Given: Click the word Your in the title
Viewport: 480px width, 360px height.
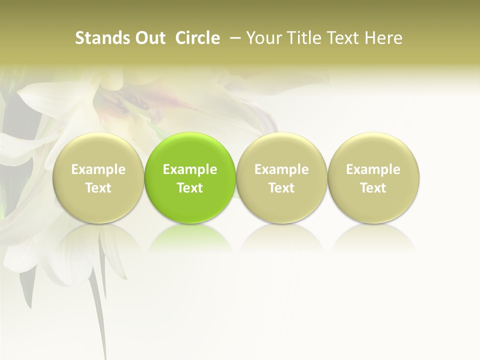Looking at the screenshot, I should click(x=263, y=38).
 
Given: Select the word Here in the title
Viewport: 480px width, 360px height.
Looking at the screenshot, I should click(x=383, y=38).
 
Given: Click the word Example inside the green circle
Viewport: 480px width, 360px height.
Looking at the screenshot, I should click(x=190, y=169).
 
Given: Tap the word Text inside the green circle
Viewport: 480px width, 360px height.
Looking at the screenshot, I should click(x=190, y=188).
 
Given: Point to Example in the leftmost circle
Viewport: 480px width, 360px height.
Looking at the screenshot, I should click(x=98, y=169).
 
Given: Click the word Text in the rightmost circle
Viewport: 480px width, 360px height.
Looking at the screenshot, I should click(x=373, y=188).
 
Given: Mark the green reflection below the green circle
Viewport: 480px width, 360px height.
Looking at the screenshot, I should click(x=190, y=235).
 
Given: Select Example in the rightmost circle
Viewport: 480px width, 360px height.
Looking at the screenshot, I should click(x=373, y=169).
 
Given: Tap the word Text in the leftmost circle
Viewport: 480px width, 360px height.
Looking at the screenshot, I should click(x=98, y=188).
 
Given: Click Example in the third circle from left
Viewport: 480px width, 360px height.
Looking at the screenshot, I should click(x=281, y=169).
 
